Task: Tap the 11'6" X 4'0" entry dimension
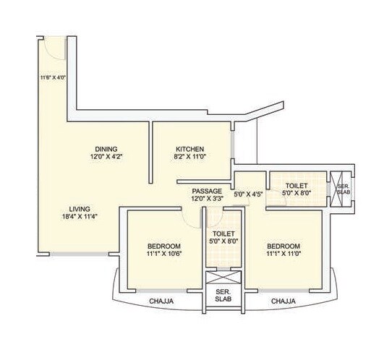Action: pos(53,77)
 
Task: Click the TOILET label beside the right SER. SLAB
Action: pos(297,186)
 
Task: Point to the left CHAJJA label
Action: pos(160,301)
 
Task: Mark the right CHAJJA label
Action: pos(281,301)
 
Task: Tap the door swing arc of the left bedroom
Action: pos(192,218)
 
